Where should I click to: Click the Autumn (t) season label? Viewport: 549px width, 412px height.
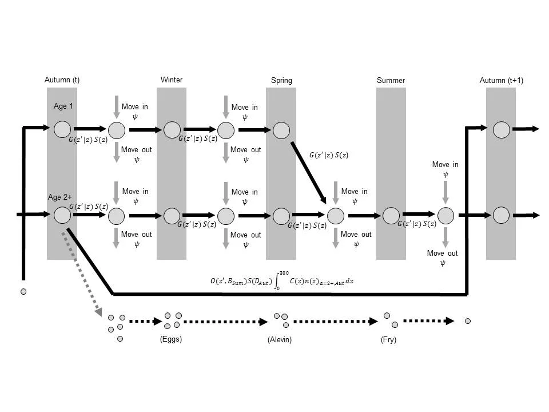(x=62, y=80)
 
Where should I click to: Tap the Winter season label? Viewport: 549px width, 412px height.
(x=172, y=80)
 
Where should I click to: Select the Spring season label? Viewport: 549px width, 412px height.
(x=281, y=81)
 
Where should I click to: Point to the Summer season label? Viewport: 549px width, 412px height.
(x=391, y=81)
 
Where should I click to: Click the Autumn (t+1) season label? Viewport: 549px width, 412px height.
(x=501, y=81)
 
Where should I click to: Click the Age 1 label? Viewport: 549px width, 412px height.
(x=63, y=106)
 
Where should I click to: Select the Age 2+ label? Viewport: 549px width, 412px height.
(x=59, y=197)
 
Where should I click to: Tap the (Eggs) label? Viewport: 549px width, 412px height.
(x=172, y=340)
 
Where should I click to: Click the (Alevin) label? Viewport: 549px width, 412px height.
(x=280, y=340)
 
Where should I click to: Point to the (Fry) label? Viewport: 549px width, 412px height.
(x=388, y=340)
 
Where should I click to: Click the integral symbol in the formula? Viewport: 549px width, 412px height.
(x=278, y=281)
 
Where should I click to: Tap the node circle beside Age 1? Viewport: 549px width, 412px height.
(x=62, y=129)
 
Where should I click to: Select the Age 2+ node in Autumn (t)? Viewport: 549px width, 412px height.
(x=62, y=216)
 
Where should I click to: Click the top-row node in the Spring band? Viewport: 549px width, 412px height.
(x=281, y=130)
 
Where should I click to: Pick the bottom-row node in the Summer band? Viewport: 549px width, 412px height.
(x=391, y=216)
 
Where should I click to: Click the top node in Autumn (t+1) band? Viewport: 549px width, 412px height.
(x=501, y=129)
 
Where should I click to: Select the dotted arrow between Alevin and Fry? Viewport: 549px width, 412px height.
(x=337, y=322)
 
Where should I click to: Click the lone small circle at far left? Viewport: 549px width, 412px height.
(x=23, y=292)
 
